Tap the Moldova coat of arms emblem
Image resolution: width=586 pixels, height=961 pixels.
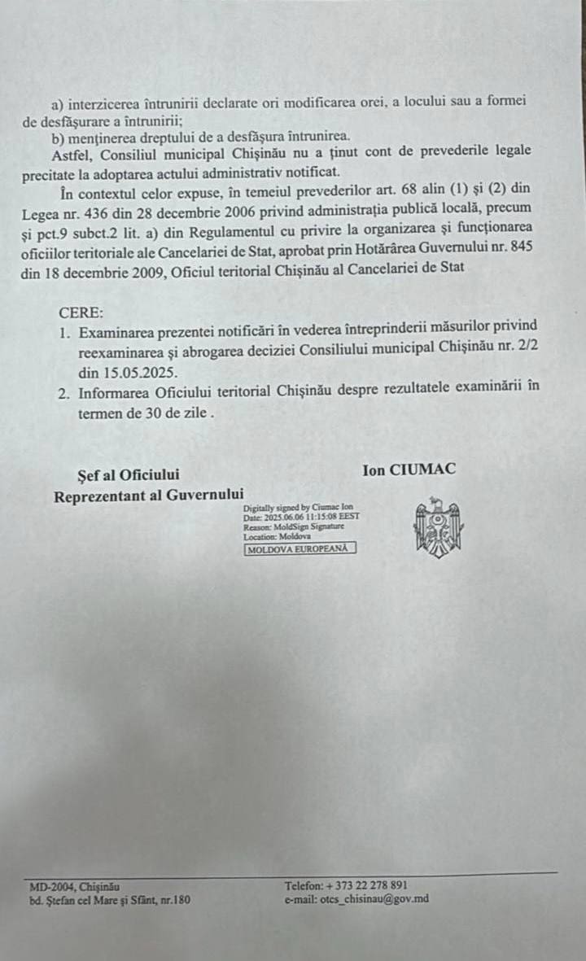tap(438, 529)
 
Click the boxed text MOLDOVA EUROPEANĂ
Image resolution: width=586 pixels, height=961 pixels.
tap(300, 548)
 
